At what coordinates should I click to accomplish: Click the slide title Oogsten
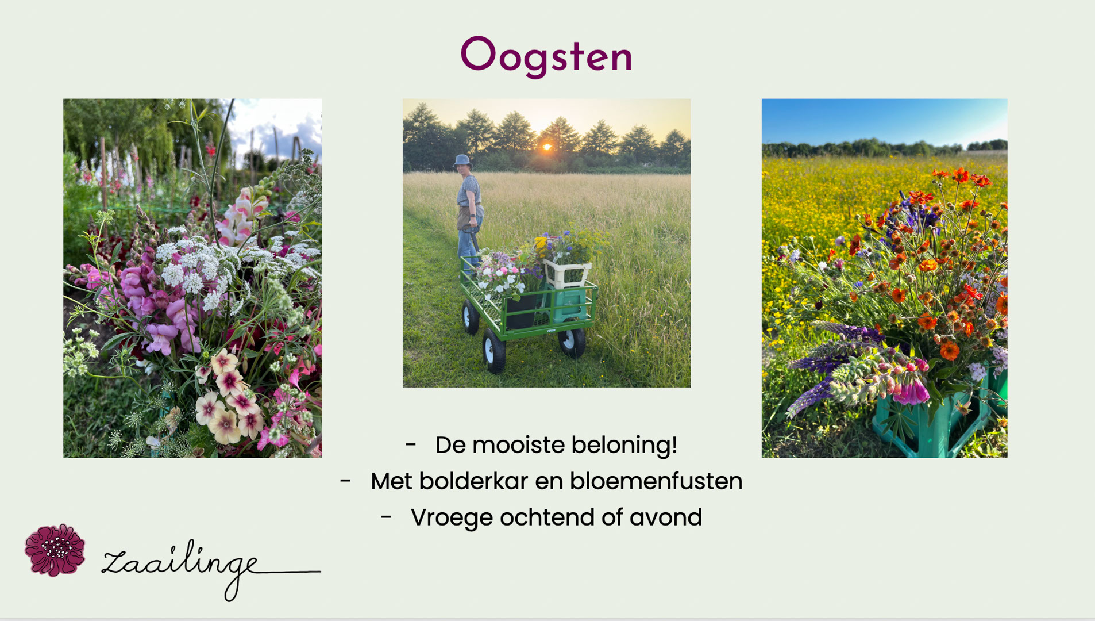546,57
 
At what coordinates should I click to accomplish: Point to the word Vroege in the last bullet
452,518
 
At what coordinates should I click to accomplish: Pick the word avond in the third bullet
666,517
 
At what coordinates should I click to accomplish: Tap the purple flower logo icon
55,550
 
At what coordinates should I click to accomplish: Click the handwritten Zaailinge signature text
211,569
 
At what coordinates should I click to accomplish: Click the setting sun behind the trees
547,147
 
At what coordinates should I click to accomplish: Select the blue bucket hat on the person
462,161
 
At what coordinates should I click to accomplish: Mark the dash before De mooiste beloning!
411,444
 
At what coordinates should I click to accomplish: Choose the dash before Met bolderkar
345,481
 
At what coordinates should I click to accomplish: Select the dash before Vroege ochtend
387,517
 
